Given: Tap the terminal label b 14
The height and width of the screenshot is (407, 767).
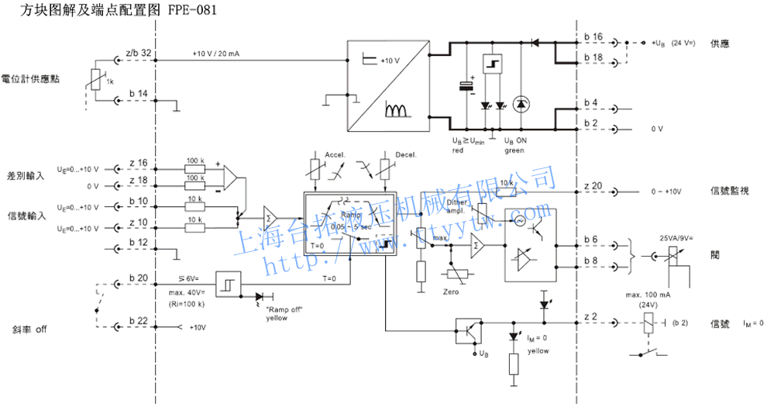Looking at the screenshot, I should [138, 94].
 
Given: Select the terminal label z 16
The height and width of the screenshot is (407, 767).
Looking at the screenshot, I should [138, 162].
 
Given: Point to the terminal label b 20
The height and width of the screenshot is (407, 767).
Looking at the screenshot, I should [138, 278].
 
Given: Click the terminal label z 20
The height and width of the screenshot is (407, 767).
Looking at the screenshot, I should [593, 185].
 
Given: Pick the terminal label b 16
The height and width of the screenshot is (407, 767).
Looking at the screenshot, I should [593, 36].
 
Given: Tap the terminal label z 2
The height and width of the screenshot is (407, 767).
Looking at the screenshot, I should [590, 316].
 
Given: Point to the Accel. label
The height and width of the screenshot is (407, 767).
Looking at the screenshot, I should [335, 155].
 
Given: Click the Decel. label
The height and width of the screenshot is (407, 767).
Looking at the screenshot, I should [406, 155].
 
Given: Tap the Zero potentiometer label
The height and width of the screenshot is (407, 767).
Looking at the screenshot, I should [451, 291].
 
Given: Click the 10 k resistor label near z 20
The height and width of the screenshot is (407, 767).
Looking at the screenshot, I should [507, 182].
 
